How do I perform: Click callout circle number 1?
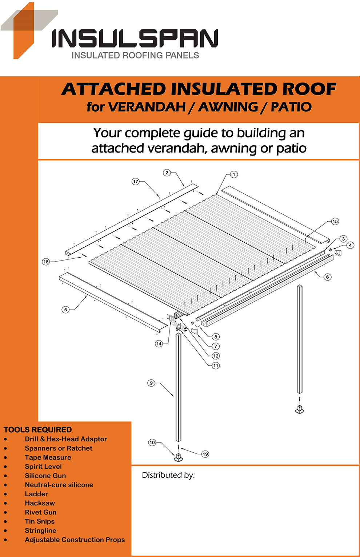pyautogui.click(x=234, y=174)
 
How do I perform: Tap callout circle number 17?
pyautogui.click(x=136, y=181)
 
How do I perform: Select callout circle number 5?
pyautogui.click(x=65, y=310)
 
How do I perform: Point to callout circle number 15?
pyautogui.click(x=335, y=221)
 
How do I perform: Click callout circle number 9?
pyautogui.click(x=151, y=383)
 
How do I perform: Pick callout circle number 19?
pyautogui.click(x=205, y=454)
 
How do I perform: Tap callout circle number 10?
pyautogui.click(x=152, y=442)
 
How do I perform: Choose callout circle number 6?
pyautogui.click(x=327, y=277)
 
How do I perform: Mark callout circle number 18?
pyautogui.click(x=46, y=262)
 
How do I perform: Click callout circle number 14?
pyautogui.click(x=159, y=343)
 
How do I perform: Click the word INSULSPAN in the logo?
pyautogui.click(x=135, y=39)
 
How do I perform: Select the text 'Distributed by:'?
pyautogui.click(x=168, y=475)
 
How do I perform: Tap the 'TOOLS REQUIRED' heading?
pyautogui.click(x=37, y=429)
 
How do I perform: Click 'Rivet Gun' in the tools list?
pyautogui.click(x=41, y=512)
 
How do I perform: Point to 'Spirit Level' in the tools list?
pyautogui.click(x=43, y=467)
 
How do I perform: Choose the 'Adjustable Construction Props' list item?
pyautogui.click(x=75, y=540)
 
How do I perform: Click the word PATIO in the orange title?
pyautogui.click(x=291, y=107)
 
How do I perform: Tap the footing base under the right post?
pyautogui.click(x=299, y=410)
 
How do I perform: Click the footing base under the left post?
pyautogui.click(x=178, y=458)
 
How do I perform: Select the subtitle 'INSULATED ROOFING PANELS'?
pyautogui.click(x=135, y=55)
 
